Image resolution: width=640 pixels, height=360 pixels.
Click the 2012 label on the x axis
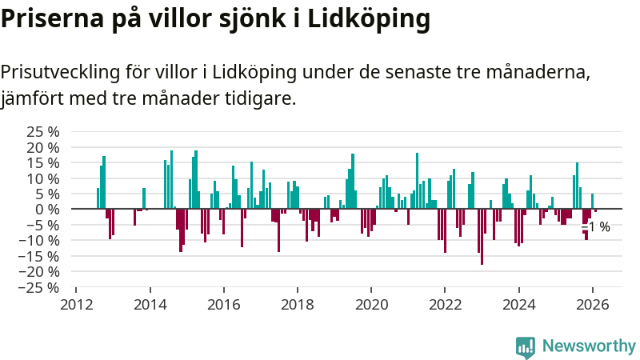click(x=76, y=305)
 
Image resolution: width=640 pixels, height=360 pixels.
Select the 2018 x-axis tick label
click(x=298, y=305)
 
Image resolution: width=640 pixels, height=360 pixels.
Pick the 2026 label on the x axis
click(x=593, y=305)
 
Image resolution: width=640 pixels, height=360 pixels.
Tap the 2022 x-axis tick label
click(x=445, y=305)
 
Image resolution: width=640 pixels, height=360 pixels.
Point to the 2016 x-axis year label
click(x=223, y=305)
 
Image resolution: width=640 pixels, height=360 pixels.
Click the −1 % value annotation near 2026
click(x=596, y=227)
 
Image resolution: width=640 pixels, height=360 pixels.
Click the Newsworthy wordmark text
click(x=589, y=346)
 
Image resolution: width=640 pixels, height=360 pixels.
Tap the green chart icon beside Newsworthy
click(x=526, y=346)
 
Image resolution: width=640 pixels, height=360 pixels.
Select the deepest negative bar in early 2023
click(x=482, y=236)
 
